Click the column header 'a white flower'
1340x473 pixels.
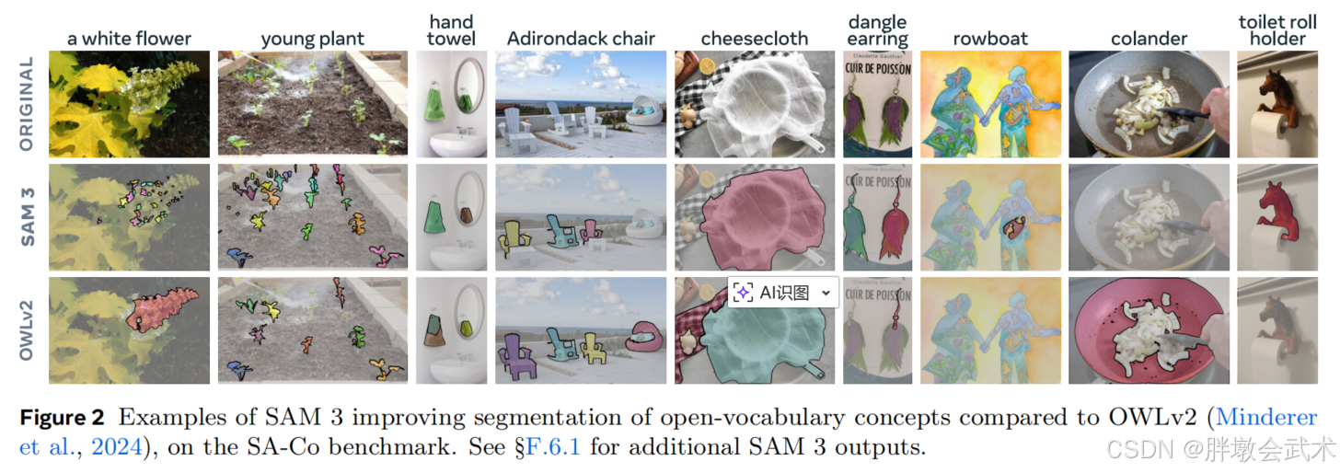[x=129, y=39]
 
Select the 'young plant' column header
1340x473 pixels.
[x=312, y=39]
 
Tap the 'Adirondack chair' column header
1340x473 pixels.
[x=581, y=39]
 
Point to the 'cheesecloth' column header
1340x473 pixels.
[x=754, y=39]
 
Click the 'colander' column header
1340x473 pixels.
[x=1149, y=39]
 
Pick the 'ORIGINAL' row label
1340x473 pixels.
[x=26, y=104]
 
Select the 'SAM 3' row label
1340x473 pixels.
[x=26, y=217]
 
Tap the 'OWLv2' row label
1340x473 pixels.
[x=26, y=330]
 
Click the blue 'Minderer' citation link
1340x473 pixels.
[x=1266, y=418]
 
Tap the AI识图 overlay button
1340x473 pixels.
[x=783, y=293]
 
